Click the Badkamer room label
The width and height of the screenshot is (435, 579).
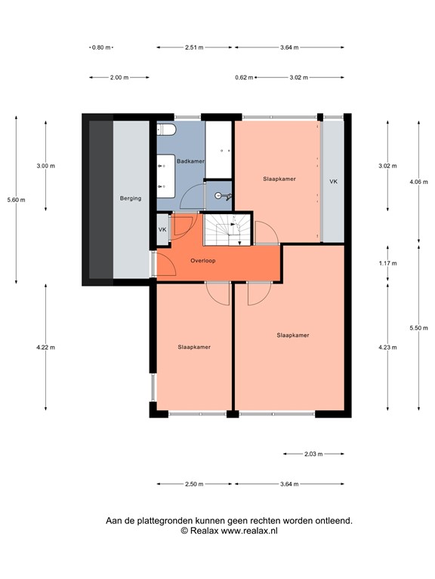pos(190,161)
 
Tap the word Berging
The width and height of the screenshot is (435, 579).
pos(131,199)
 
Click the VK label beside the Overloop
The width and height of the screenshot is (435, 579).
pos(162,229)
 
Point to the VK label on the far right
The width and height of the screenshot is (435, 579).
pos(333,182)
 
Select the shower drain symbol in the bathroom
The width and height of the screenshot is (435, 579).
pos(219,195)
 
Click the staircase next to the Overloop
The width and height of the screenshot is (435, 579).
pos(227,229)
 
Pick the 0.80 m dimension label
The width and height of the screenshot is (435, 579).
pos(100,47)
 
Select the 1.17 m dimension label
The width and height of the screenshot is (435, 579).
pos(387,263)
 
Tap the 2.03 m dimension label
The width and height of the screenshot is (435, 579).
pos(313,454)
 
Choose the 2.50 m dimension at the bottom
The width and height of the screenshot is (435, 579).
pos(193,484)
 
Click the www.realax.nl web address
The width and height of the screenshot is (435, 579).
pos(249,532)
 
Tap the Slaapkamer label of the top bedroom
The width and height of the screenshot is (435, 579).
pos(279,179)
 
